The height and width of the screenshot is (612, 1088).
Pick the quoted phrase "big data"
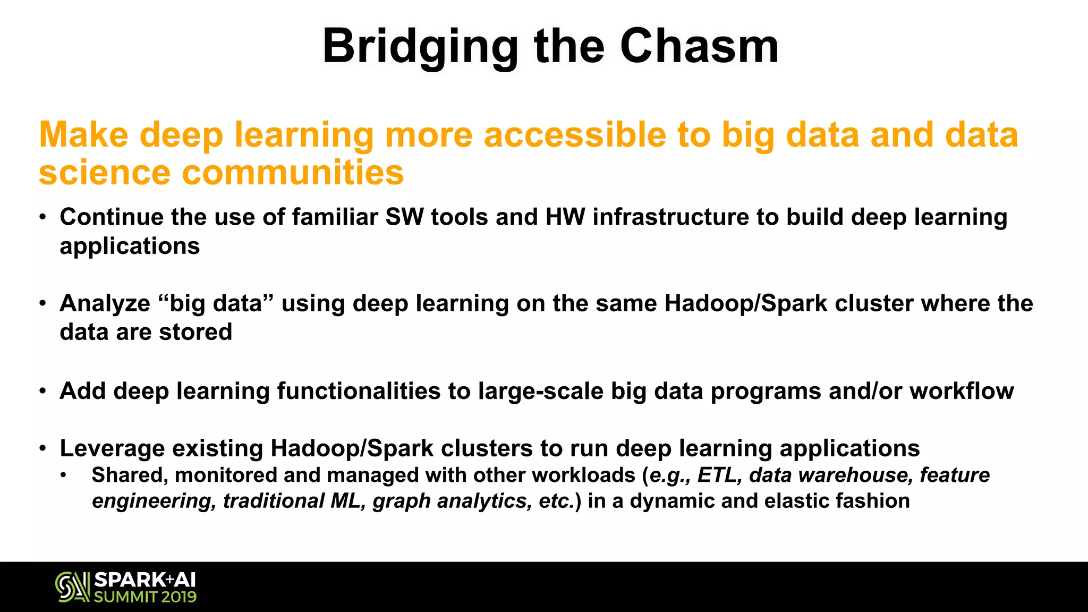point(216,303)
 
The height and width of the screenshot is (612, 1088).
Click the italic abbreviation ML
point(347,501)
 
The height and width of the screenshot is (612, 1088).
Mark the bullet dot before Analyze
point(42,304)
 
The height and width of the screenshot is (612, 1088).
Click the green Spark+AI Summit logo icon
point(72,587)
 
